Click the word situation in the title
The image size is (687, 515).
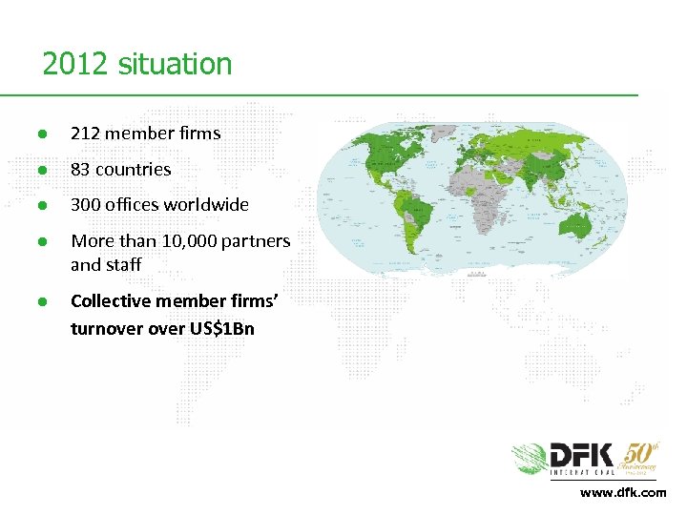pyautogui.click(x=175, y=65)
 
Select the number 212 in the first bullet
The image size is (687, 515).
pyautogui.click(x=86, y=134)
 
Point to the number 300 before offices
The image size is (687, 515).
pyautogui.click(x=86, y=205)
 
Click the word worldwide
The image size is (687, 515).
pyautogui.click(x=206, y=205)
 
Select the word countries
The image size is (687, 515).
pyautogui.click(x=134, y=170)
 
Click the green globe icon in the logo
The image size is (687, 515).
pyautogui.click(x=530, y=460)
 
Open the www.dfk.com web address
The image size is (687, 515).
pyautogui.click(x=624, y=492)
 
